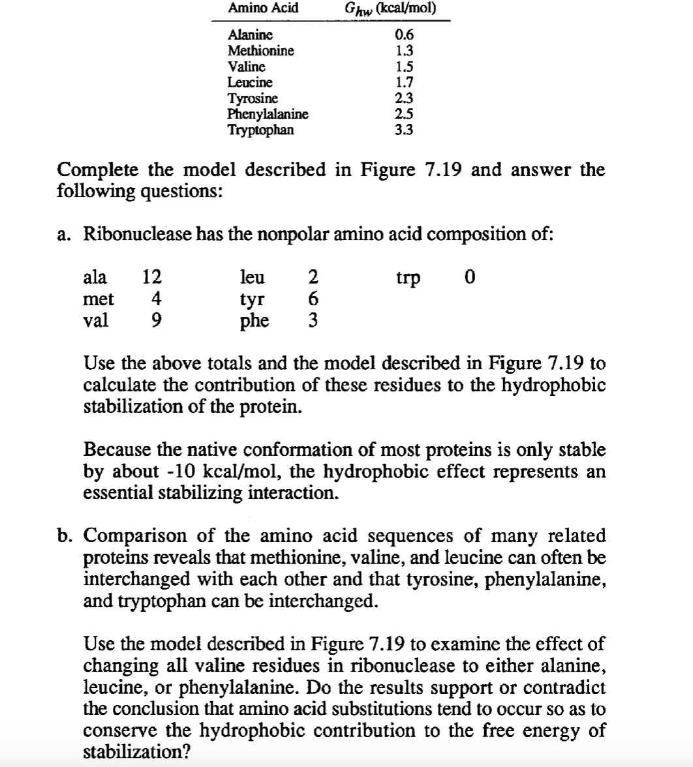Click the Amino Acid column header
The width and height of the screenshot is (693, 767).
coord(262,8)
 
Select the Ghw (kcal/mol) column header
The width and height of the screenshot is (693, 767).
coord(390,8)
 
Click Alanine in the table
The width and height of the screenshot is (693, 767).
coord(250,35)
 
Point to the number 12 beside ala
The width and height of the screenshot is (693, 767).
coord(152,277)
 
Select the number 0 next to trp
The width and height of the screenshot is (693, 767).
coord(468,277)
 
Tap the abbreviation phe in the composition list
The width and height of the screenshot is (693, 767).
coord(255,322)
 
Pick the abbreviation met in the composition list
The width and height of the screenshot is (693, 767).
coord(99,299)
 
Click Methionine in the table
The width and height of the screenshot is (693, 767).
coord(260,50)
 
